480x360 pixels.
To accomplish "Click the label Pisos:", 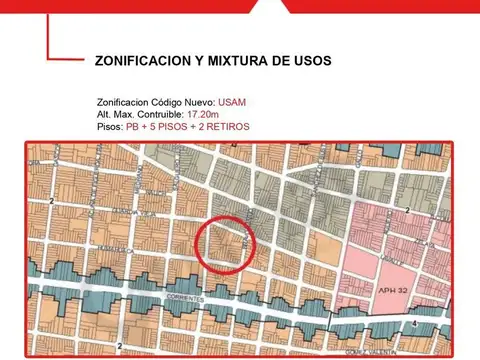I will pos(110,127).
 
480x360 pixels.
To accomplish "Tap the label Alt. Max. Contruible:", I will pos(146,115).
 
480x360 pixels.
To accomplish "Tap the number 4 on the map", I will pos(414,323).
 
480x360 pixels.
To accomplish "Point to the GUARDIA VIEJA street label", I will pos(75,197).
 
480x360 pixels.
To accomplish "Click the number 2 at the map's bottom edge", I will pos(119,345).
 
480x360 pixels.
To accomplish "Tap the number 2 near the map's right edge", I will pos(408,210).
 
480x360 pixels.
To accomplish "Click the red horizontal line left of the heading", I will pos(64,60).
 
